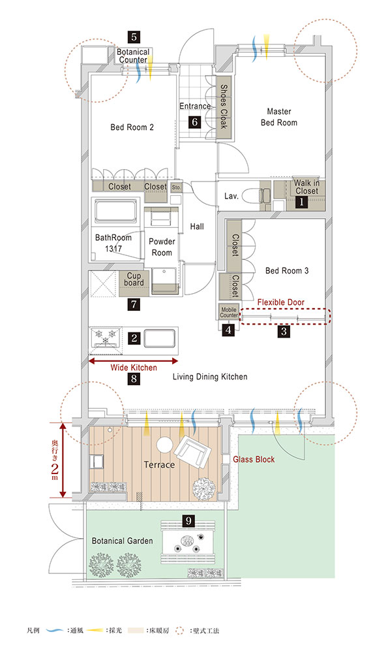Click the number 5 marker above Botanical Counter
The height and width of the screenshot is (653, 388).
134,37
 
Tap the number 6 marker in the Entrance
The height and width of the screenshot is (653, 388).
194,122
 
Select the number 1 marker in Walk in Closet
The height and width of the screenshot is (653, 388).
301,202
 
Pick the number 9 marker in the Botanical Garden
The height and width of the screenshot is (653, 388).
189,520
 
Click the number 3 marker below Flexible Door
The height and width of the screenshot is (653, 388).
284,331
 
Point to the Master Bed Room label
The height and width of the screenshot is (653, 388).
279,117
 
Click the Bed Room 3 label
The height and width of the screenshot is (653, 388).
287,271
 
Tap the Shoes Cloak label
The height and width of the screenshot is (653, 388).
224,106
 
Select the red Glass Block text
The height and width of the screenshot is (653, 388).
254,459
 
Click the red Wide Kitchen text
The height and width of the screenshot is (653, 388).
134,368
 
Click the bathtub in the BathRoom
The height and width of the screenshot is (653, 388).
115,212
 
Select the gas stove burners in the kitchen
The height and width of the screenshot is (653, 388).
106,338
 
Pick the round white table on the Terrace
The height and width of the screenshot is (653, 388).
164,444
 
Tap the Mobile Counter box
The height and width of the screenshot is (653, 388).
229,312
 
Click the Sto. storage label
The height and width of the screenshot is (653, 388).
176,187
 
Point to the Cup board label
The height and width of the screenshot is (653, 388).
134,279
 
